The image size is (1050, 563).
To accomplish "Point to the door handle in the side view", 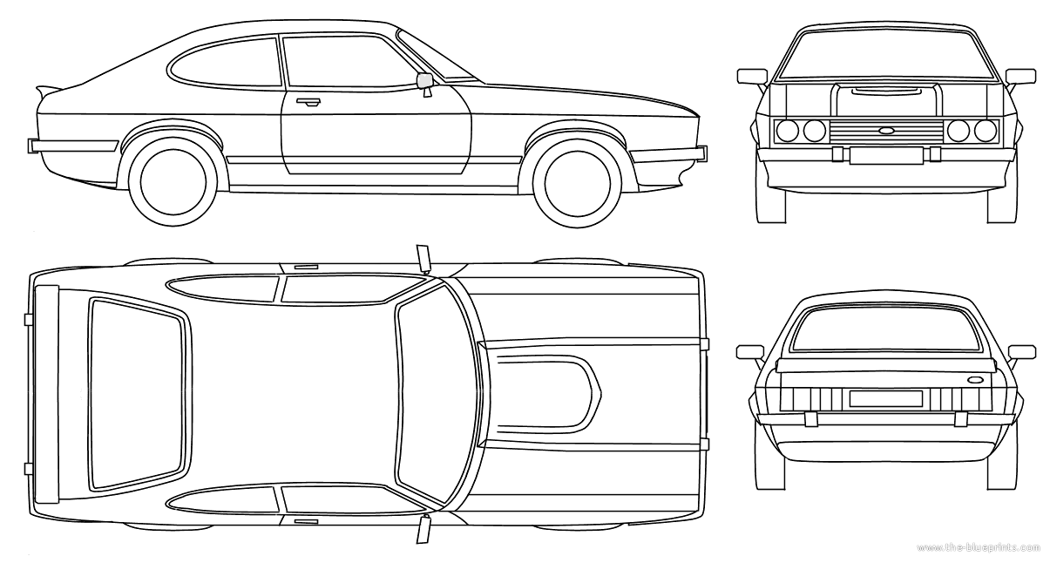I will pyautogui.click(x=307, y=102).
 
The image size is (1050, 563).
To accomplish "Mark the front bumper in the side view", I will pyautogui.click(x=667, y=154).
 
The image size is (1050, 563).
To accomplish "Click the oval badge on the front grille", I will pyautogui.click(x=886, y=132).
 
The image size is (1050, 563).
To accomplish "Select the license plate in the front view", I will pyautogui.click(x=885, y=155).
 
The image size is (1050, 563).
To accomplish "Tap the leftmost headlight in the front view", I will pyautogui.click(x=788, y=132).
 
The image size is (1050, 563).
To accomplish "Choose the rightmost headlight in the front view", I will pyautogui.click(x=986, y=132).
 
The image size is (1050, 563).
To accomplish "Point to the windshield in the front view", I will pyautogui.click(x=886, y=55).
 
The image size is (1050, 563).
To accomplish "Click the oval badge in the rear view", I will pyautogui.click(x=973, y=379).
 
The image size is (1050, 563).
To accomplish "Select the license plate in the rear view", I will pyautogui.click(x=885, y=398).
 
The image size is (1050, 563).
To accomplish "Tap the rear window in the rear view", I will pyautogui.click(x=886, y=329).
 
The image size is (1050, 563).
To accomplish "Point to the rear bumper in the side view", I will pyautogui.click(x=74, y=146).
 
